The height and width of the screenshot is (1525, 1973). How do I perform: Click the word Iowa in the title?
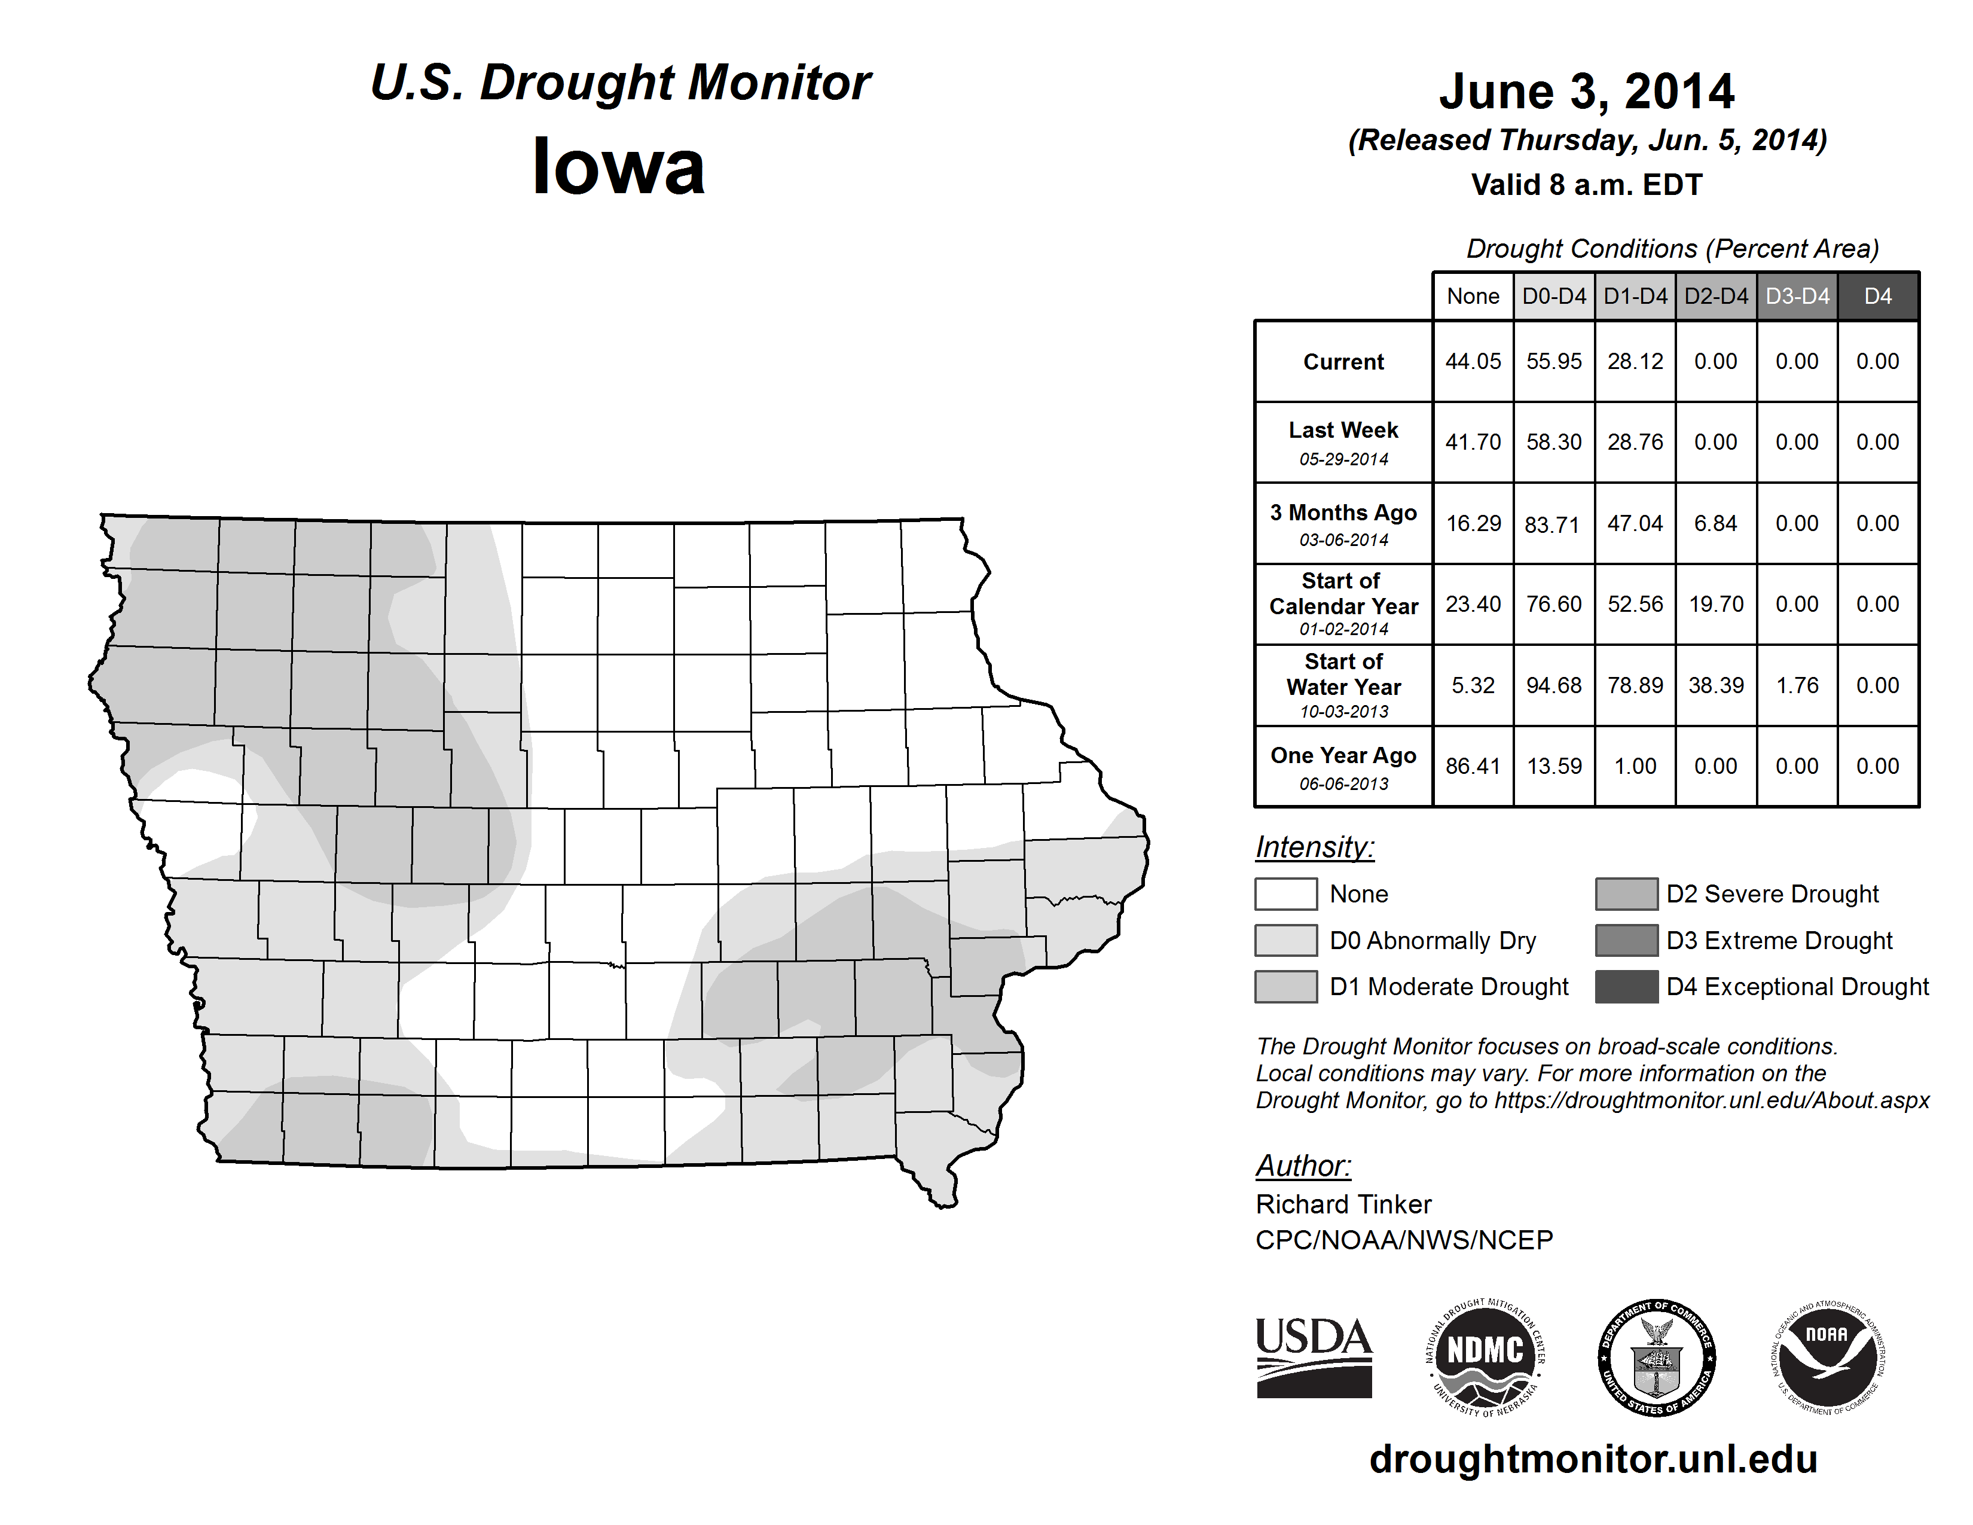[x=619, y=167]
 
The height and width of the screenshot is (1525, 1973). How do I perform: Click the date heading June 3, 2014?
[x=1586, y=91]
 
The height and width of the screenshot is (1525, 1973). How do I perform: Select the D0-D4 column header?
[x=1554, y=296]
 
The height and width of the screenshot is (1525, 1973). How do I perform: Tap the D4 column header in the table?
[x=1877, y=296]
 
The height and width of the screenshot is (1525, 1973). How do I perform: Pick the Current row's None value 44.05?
[x=1473, y=361]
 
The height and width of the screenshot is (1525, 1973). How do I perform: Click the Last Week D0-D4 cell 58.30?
[x=1554, y=442]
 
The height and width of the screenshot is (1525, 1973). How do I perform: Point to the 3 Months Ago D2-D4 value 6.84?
[x=1715, y=523]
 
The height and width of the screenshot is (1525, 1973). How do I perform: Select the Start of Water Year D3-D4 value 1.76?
[x=1797, y=685]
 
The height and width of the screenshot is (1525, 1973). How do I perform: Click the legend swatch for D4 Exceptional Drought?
[x=1626, y=987]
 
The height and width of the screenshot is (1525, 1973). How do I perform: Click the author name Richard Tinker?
[x=1343, y=1204]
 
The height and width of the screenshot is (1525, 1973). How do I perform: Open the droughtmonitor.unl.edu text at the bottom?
[x=1593, y=1459]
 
